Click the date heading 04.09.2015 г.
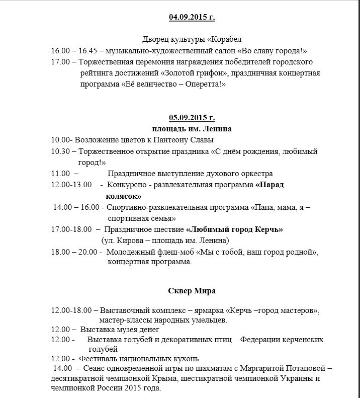[192, 17]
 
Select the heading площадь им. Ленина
[192, 128]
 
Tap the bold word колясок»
[124, 196]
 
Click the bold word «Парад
[269, 185]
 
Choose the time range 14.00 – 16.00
[76, 207]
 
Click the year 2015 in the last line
[128, 389]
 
